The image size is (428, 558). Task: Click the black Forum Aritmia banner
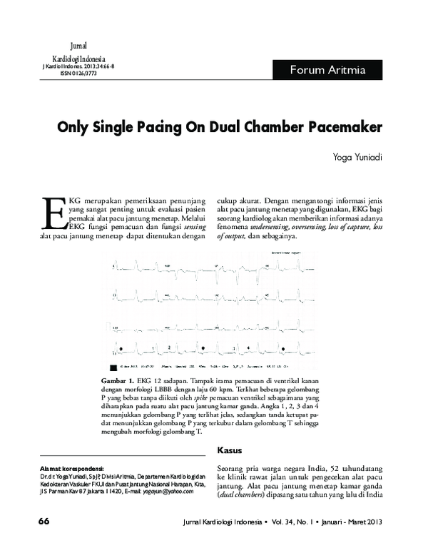tap(327, 70)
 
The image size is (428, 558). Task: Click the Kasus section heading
tap(229, 450)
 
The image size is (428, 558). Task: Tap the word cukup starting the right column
tap(229, 202)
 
